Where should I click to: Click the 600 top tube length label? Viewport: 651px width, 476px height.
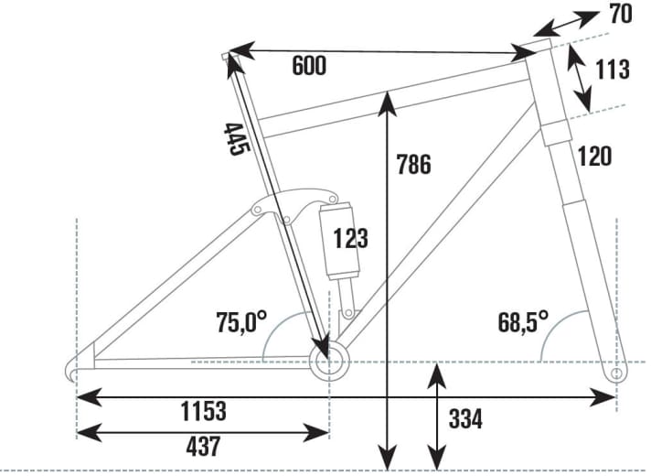(309, 66)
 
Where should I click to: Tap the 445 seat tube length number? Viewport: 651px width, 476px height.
(237, 139)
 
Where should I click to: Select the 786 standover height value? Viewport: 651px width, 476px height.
(413, 164)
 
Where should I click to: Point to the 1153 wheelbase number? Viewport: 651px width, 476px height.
(203, 411)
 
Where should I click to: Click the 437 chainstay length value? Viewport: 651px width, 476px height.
(203, 447)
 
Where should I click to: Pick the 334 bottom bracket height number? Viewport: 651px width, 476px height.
(465, 419)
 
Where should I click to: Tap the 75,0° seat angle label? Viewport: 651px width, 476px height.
(241, 321)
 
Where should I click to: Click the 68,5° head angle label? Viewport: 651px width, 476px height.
(523, 321)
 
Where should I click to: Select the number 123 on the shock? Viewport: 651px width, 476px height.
(351, 239)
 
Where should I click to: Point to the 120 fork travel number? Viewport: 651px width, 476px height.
(594, 156)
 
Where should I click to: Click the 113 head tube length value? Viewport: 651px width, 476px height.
(613, 70)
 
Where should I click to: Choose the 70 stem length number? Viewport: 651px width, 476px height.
(621, 14)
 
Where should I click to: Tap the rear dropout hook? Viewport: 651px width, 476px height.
(71, 369)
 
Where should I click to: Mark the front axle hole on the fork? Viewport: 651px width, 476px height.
(617, 373)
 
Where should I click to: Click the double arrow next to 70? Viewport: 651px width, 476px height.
(566, 24)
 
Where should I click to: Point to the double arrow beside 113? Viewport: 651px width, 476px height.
(579, 78)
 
